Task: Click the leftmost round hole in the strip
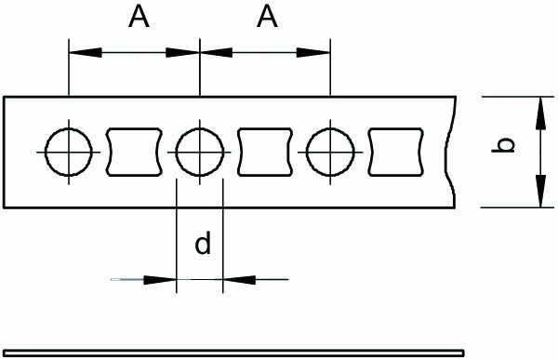click(69, 151)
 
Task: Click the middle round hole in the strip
click(200, 151)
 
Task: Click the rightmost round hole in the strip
click(330, 151)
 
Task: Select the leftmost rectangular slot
click(135, 151)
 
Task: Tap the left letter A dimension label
click(137, 17)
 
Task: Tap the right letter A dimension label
click(268, 17)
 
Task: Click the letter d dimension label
click(203, 245)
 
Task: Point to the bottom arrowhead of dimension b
click(538, 195)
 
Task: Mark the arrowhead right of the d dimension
click(235, 278)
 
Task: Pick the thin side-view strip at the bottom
click(279, 353)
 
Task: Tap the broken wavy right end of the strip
click(456, 151)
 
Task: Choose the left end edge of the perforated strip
click(5, 151)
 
